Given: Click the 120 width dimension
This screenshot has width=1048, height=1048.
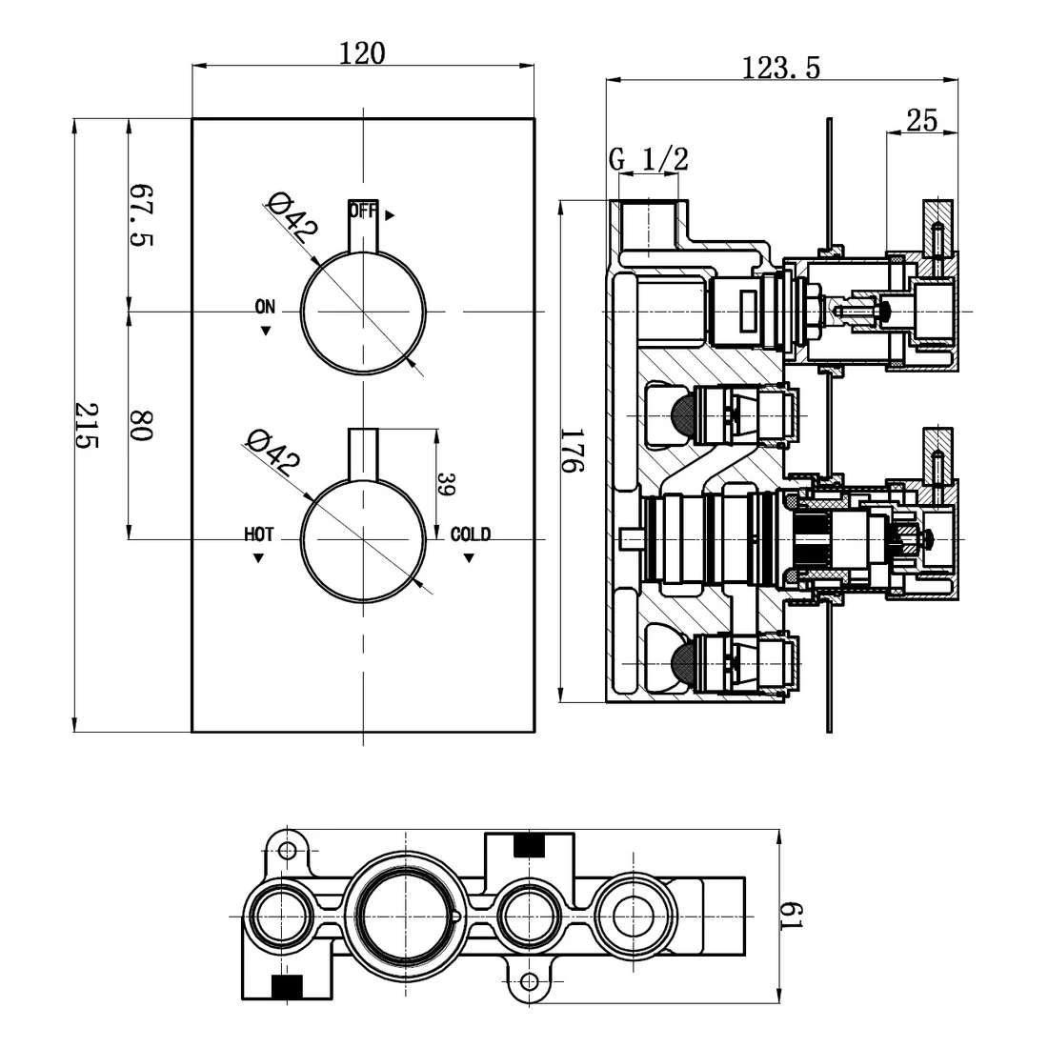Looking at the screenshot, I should point(363,53).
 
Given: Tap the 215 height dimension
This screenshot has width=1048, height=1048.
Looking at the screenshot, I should point(88,426).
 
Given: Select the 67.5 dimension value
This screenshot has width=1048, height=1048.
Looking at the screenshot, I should point(141,214).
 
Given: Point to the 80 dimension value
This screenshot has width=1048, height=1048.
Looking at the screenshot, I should point(141,425).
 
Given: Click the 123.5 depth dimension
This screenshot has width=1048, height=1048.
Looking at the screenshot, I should point(781,68).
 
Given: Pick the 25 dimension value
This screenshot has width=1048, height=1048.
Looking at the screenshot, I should point(921,120).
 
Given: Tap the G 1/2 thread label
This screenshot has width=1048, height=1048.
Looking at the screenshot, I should point(648,159).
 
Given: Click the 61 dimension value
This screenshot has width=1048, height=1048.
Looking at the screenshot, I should point(796,917).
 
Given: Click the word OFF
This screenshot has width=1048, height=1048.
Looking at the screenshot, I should point(362,212).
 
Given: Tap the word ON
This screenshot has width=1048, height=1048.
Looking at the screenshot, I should point(265,307).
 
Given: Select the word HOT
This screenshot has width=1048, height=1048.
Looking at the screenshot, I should point(258,534).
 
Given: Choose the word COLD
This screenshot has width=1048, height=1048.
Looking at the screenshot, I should point(471,534).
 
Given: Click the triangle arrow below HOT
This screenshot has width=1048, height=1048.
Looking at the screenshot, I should point(258,558).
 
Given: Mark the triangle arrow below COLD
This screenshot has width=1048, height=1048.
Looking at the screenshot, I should point(469,558).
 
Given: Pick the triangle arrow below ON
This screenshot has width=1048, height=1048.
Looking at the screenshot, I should point(265,331).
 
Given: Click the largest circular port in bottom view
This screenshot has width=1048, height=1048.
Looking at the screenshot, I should point(405,917).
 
